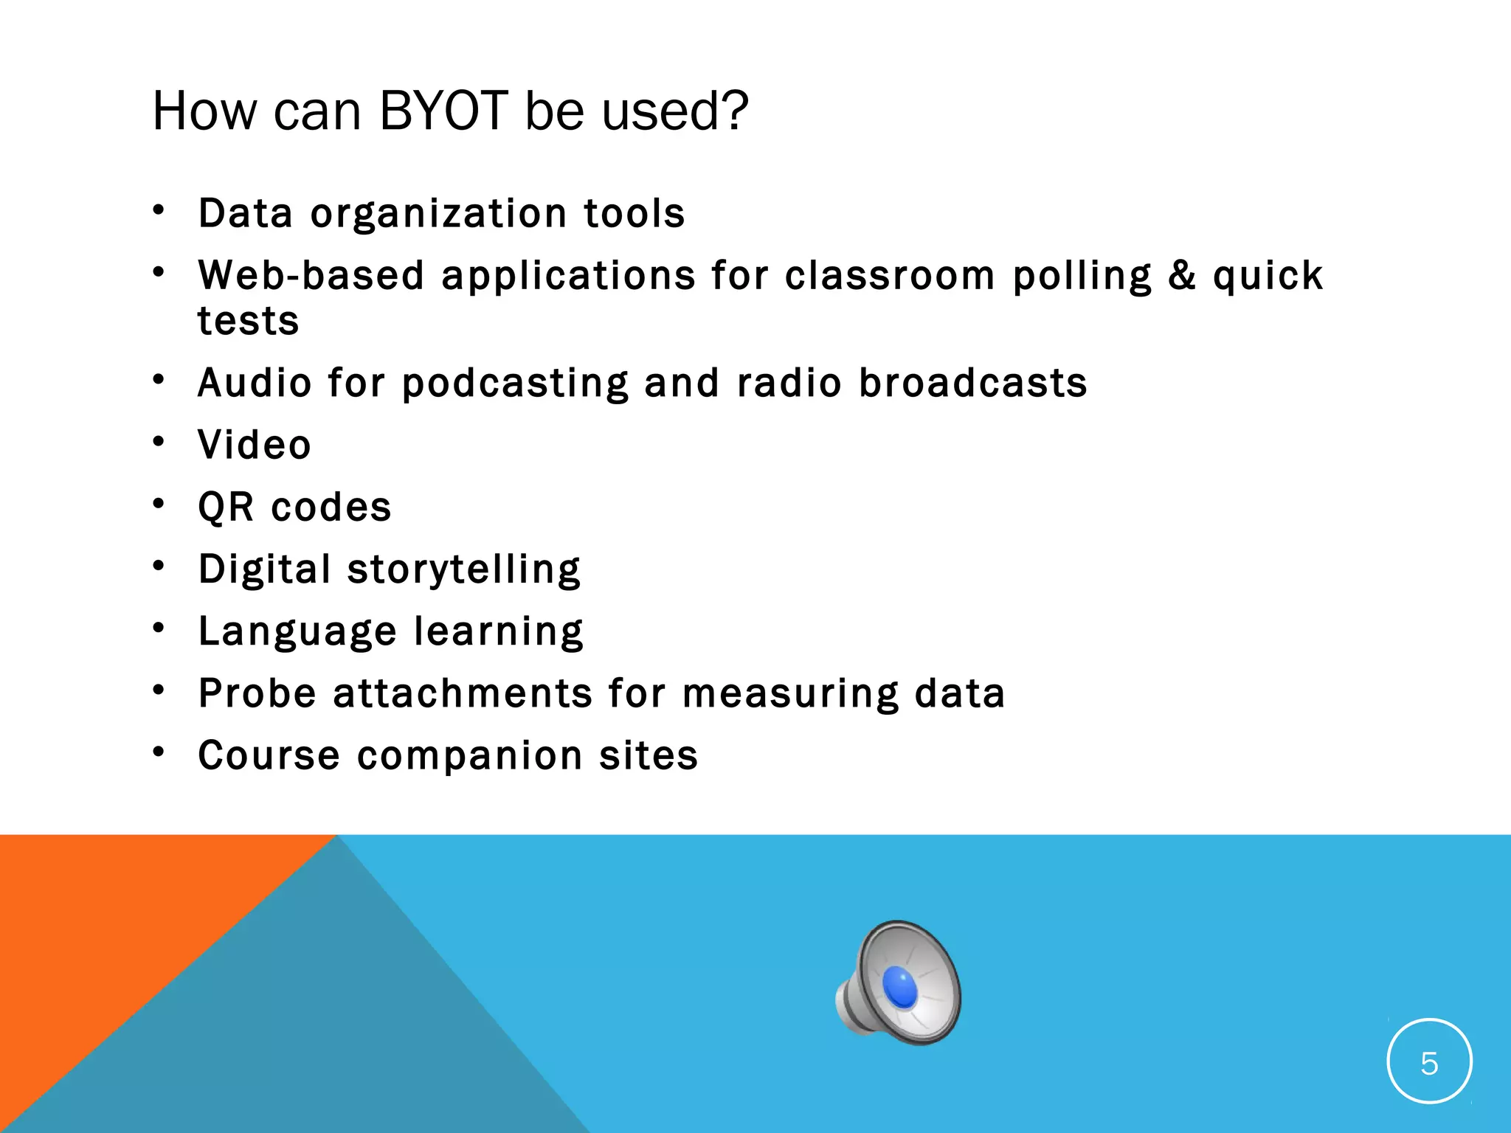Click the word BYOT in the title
pyautogui.click(x=443, y=111)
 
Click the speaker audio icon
pyautogui.click(x=899, y=983)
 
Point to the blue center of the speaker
pyautogui.click(x=900, y=986)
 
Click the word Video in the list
pyautogui.click(x=255, y=445)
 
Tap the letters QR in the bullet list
pyautogui.click(x=226, y=507)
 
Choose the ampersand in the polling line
pyautogui.click(x=1182, y=276)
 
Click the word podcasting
pyautogui.click(x=515, y=384)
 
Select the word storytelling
pyautogui.click(x=464, y=569)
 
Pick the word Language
pyautogui.click(x=297, y=632)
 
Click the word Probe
pyautogui.click(x=257, y=694)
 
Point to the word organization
pyautogui.click(x=439, y=214)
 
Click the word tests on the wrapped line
pyautogui.click(x=249, y=322)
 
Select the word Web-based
pyautogui.click(x=311, y=276)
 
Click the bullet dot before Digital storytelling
pyautogui.click(x=159, y=566)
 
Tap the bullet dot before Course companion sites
pyautogui.click(x=159, y=752)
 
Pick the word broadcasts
pyautogui.click(x=973, y=384)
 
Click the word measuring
pyautogui.click(x=790, y=694)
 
